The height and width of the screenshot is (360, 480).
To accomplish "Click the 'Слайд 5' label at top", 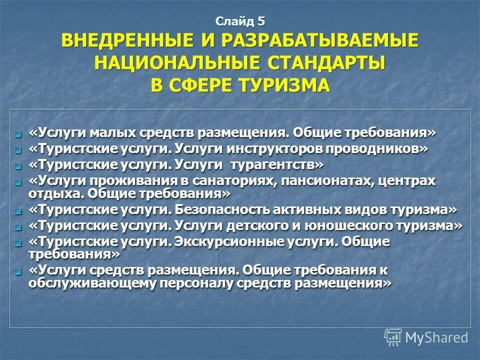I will pyautogui.click(x=240, y=21).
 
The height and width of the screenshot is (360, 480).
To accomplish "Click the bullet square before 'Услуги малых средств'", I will pyautogui.click(x=18, y=134).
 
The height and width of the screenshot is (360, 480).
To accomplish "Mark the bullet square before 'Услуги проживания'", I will pyautogui.click(x=18, y=182).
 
